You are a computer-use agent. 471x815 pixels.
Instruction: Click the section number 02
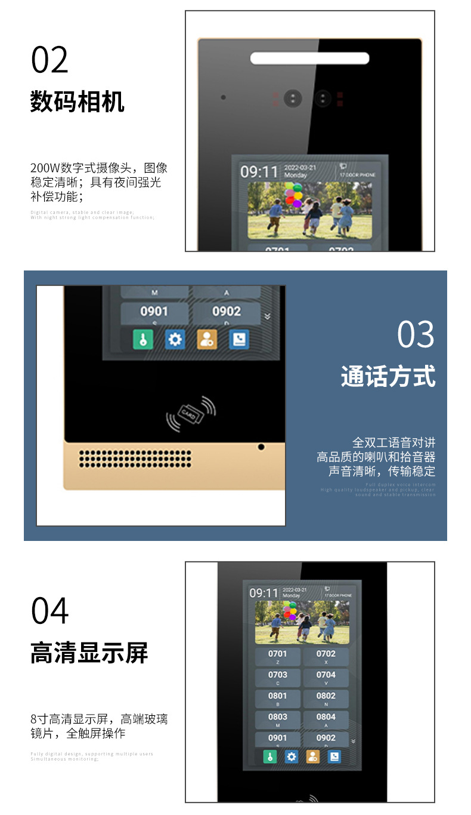coord(49,60)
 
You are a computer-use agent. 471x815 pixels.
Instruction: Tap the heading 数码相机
coord(78,102)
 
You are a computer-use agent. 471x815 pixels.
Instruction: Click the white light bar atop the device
coord(309,58)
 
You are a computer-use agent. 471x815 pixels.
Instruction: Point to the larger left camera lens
coord(293,99)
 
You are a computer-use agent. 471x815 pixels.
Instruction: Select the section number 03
coord(416,334)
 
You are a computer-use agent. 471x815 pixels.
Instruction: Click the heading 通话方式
coord(388,377)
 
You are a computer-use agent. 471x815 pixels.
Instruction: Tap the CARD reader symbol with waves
coord(190,413)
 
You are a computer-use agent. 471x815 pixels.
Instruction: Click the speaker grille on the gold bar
coord(135,458)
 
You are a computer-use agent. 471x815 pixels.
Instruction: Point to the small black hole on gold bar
coord(261,447)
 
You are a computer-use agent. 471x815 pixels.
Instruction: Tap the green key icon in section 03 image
coord(142,339)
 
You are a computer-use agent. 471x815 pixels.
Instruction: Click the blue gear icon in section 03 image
coord(175,339)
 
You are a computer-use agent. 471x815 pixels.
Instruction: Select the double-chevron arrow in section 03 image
coord(267,316)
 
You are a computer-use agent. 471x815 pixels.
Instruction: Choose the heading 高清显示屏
coord(89,653)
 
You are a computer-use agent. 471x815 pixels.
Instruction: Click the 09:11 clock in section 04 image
coord(264,593)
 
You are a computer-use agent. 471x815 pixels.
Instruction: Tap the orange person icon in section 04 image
coord(313,756)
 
